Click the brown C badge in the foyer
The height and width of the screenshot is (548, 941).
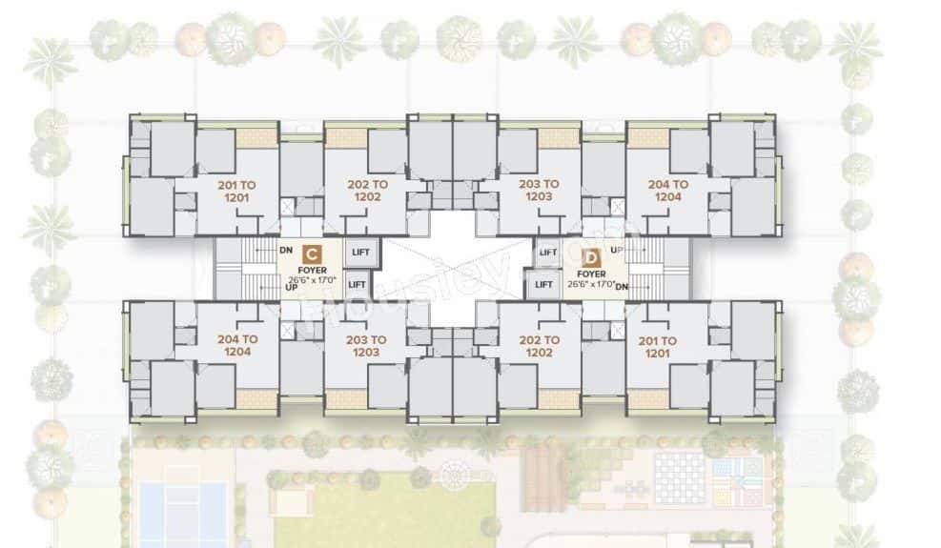pyautogui.click(x=311, y=254)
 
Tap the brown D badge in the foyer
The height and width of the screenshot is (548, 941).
pyautogui.click(x=590, y=257)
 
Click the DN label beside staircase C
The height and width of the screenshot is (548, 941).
pyautogui.click(x=285, y=251)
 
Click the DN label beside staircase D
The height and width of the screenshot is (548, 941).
pyautogui.click(x=621, y=286)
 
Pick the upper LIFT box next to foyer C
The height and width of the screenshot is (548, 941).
pyautogui.click(x=362, y=253)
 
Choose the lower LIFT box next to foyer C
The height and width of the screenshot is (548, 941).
pyautogui.click(x=357, y=283)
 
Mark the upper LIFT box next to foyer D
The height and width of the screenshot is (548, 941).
pyautogui.click(x=547, y=253)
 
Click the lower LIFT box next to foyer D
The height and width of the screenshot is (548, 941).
pyautogui.click(x=543, y=284)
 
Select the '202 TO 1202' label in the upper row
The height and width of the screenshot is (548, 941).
pyautogui.click(x=368, y=190)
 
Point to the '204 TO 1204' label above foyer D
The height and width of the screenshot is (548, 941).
pyautogui.click(x=668, y=190)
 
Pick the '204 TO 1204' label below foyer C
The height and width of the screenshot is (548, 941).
pyautogui.click(x=236, y=345)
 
